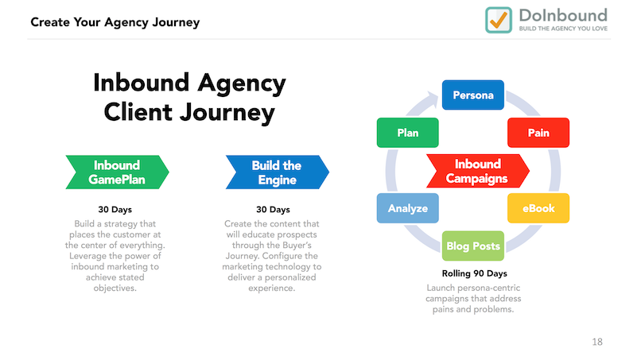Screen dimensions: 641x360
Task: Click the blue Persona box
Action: coord(473,95)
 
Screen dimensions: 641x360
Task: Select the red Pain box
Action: coord(538,133)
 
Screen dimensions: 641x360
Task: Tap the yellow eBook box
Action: coord(538,208)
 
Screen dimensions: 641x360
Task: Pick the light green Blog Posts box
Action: coord(473,246)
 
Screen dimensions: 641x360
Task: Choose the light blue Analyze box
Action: coord(407,208)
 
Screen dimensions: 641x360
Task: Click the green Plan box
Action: coord(407,133)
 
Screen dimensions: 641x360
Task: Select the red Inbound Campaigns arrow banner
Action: coord(478,171)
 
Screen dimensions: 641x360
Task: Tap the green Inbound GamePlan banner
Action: coord(118,172)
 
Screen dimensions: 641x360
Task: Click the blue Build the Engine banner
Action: coord(278,172)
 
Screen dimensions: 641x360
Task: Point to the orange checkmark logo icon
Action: coord(499,20)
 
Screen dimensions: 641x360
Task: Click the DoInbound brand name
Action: coord(563,16)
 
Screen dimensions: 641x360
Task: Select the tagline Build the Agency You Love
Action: coord(563,29)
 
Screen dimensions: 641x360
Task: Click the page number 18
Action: coord(597,342)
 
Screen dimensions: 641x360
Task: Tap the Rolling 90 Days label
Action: coord(474,273)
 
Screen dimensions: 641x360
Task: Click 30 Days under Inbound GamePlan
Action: coord(115,210)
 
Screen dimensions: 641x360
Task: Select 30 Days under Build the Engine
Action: coord(273,210)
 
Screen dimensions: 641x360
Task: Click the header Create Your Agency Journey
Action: coord(115,22)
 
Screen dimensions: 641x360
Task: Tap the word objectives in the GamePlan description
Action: coord(115,288)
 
